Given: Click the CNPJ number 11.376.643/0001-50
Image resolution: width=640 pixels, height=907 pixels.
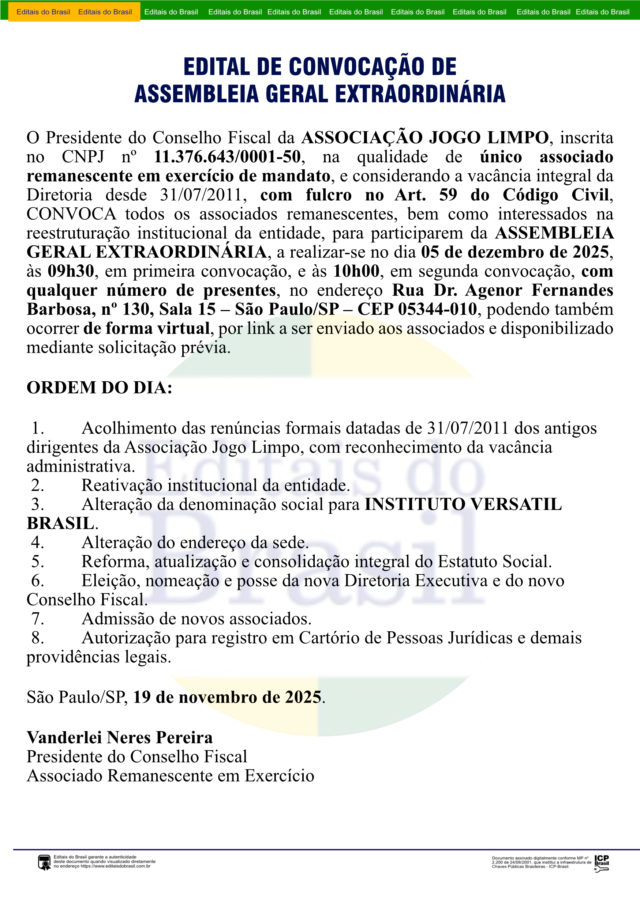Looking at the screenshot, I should pyautogui.click(x=227, y=157).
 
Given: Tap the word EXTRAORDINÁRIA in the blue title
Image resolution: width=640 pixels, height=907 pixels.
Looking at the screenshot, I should pyautogui.click(x=420, y=94).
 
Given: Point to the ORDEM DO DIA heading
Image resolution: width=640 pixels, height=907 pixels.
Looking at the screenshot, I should pyautogui.click(x=99, y=388).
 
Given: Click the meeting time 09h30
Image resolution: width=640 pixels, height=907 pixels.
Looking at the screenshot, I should pyautogui.click(x=71, y=271).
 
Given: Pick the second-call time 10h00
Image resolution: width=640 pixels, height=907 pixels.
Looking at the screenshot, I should pyautogui.click(x=356, y=271).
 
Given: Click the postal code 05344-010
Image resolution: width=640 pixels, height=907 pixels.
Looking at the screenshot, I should pyautogui.click(x=437, y=309).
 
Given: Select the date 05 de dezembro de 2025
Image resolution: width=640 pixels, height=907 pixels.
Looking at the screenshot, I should pyautogui.click(x=515, y=252).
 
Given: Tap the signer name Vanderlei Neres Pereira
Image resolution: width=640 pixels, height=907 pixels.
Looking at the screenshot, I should pyautogui.click(x=119, y=737).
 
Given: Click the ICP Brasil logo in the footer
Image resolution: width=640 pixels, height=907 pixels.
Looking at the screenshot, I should pyautogui.click(x=601, y=863).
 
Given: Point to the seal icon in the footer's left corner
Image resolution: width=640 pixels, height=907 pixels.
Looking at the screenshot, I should pyautogui.click(x=44, y=862).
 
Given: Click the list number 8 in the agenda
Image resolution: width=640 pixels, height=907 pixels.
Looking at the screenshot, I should pyautogui.click(x=38, y=638).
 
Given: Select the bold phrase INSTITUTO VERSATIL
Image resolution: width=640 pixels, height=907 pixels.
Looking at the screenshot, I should pyautogui.click(x=463, y=504).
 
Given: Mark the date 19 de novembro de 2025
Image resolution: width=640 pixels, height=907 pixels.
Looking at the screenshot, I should pyautogui.click(x=227, y=697).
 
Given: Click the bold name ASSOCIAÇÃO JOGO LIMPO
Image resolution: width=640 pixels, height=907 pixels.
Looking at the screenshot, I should pyautogui.click(x=425, y=137).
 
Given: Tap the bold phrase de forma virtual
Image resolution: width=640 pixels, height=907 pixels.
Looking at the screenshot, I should pyautogui.click(x=146, y=329).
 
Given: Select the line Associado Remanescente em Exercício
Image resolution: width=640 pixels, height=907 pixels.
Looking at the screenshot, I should pyautogui.click(x=171, y=776).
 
